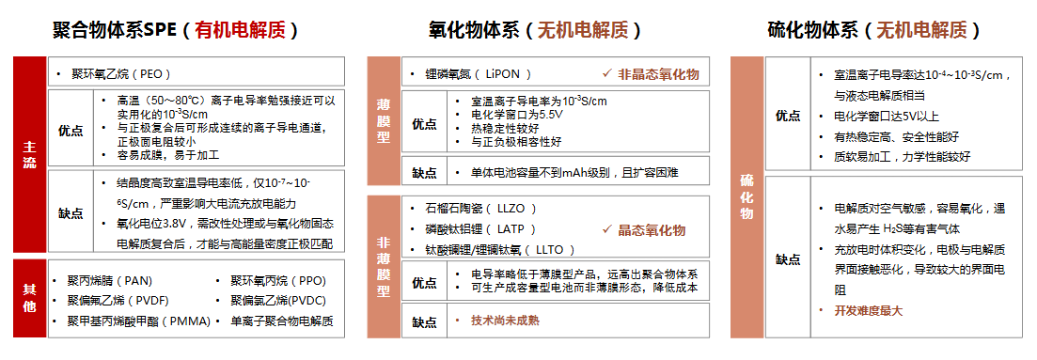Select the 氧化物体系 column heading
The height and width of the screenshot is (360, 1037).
(467, 29)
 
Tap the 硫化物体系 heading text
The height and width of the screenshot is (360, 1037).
(812, 29)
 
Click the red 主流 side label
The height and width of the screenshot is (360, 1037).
(29, 155)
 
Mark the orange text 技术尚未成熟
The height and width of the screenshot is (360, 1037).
(505, 321)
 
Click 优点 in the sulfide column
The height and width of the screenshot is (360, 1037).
(788, 115)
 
